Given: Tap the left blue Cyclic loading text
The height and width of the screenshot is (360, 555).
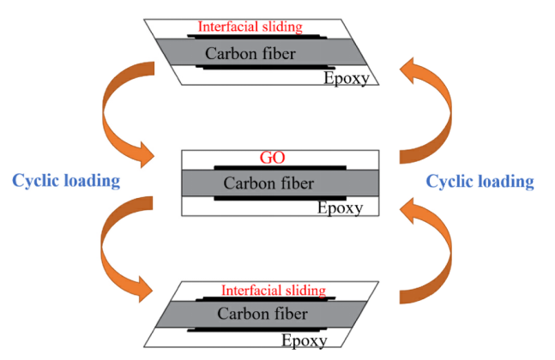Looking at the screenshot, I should coord(65,181).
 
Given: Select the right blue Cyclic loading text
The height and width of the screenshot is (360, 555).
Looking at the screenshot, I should coord(480,181).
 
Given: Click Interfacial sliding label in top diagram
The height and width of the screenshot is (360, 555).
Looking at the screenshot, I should coord(250,27).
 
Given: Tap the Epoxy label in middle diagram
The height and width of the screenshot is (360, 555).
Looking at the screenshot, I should coord(341,207).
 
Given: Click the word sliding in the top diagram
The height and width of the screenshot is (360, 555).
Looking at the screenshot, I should coord(281,27).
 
